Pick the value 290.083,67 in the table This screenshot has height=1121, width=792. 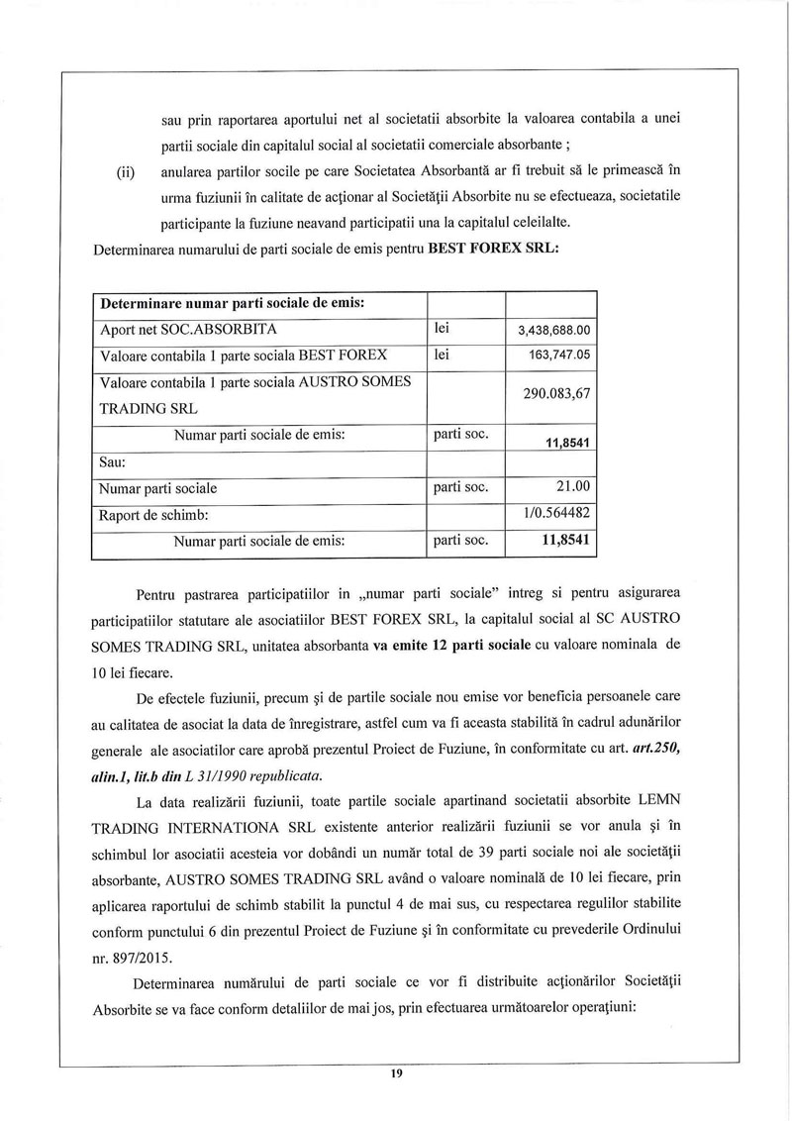click(x=556, y=393)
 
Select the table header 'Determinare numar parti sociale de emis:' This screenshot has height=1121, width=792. click(x=233, y=302)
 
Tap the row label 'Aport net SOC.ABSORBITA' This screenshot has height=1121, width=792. click(x=189, y=328)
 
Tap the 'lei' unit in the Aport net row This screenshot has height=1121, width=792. click(x=443, y=327)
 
